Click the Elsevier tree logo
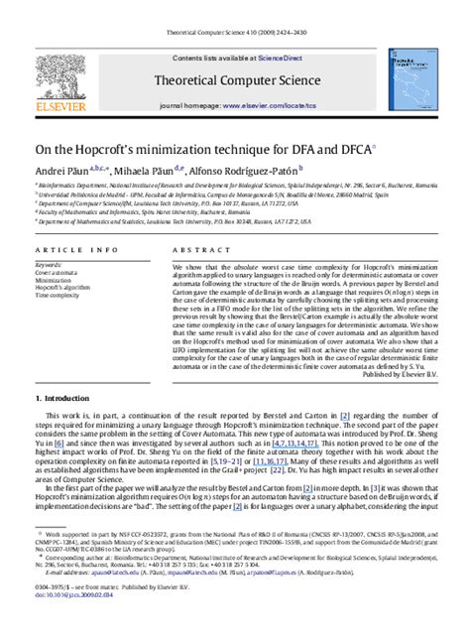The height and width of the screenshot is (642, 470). [x=62, y=76]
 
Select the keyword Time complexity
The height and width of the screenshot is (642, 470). [x=57, y=295]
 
